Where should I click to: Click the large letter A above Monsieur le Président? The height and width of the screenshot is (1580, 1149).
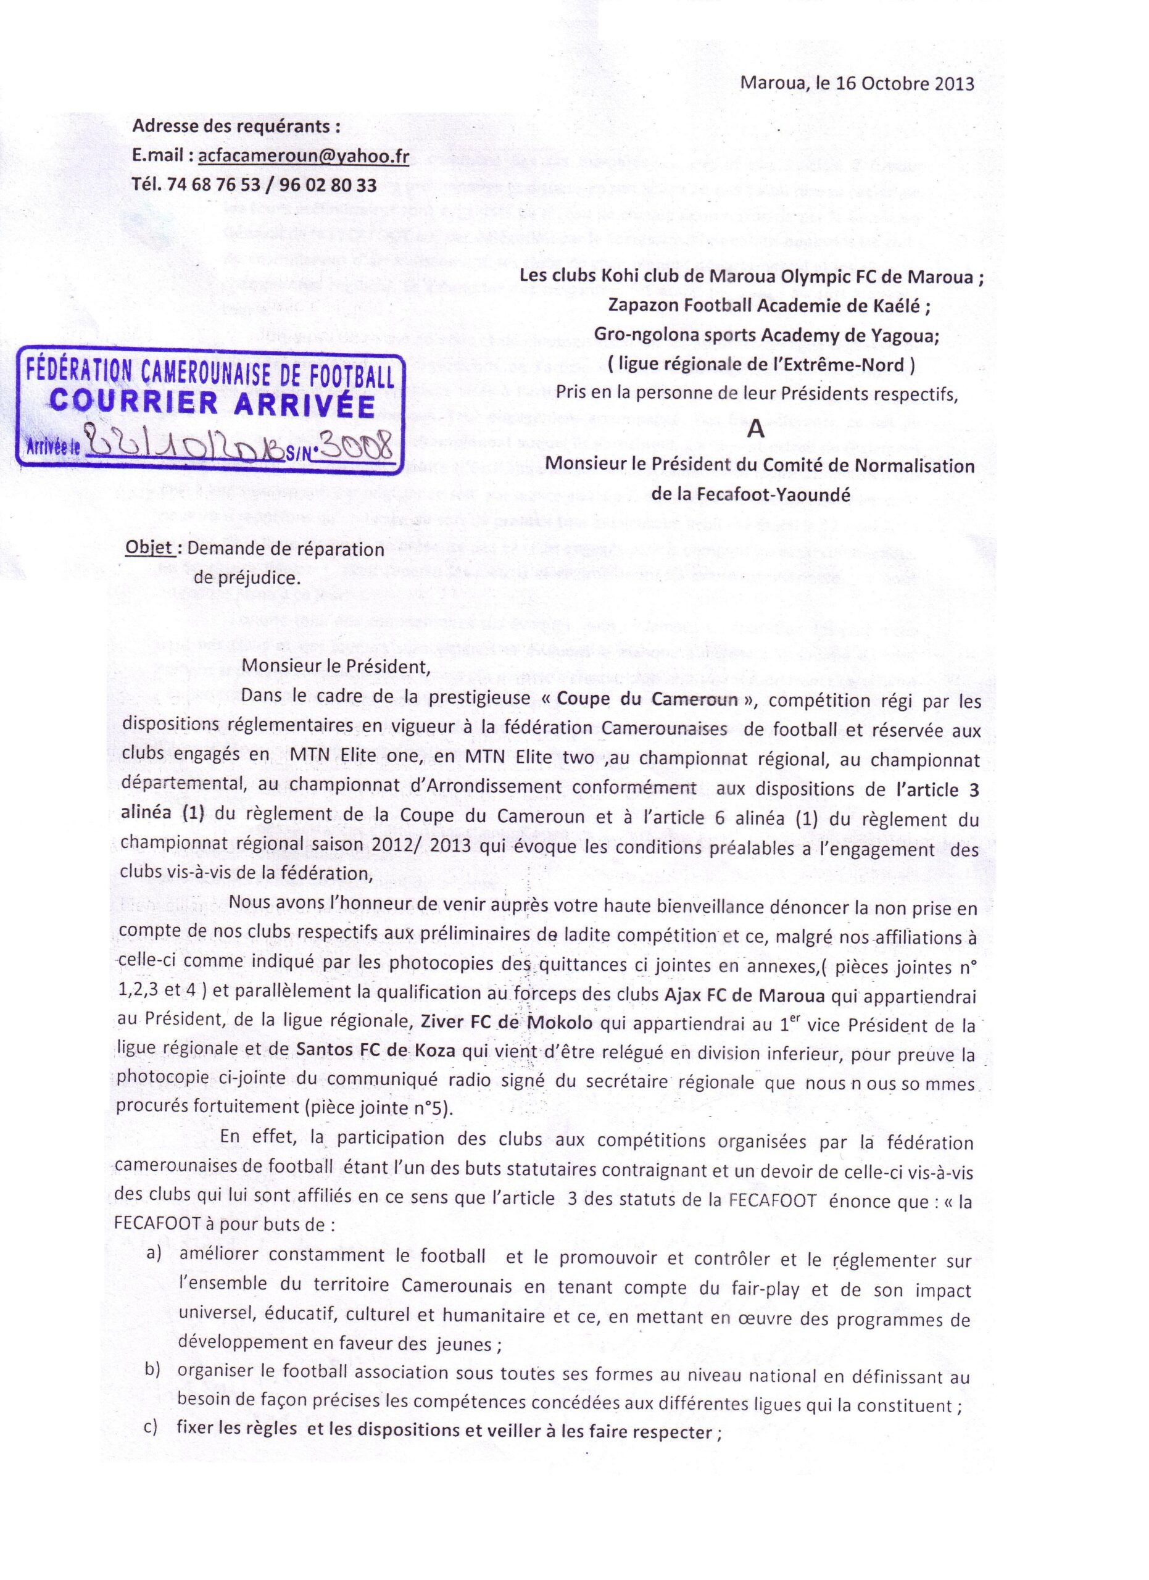click(755, 430)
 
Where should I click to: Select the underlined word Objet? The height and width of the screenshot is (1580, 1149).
click(148, 548)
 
